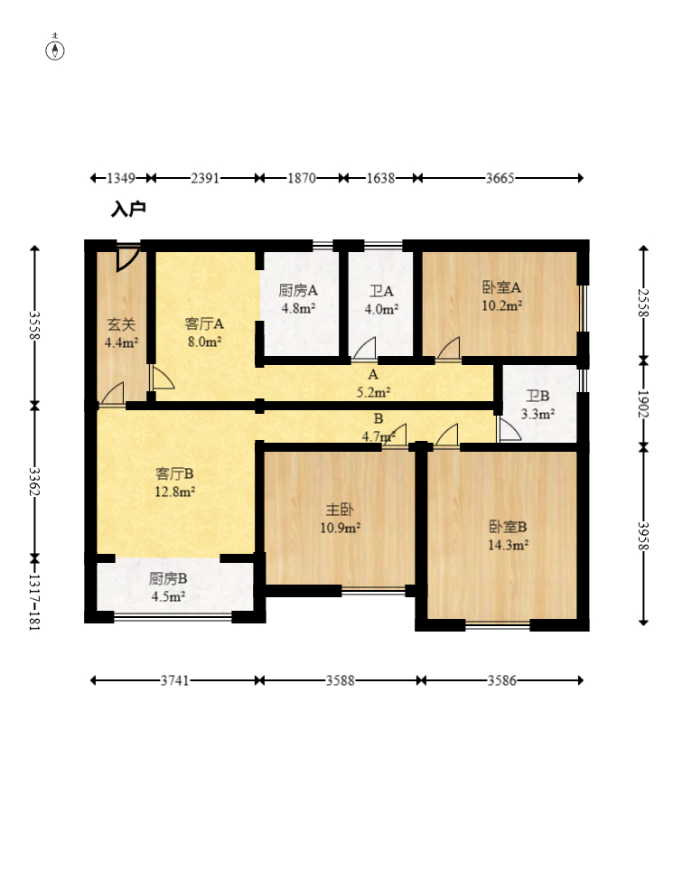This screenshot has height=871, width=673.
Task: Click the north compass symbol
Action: coord(54,49)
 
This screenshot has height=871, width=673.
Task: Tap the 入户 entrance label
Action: coord(128,210)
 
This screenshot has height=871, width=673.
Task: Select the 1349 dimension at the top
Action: coord(121,178)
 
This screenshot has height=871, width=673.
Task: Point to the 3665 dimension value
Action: coord(500,178)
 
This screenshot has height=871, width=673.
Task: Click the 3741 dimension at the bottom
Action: coord(174,680)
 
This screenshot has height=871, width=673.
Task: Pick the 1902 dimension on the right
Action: coord(643,404)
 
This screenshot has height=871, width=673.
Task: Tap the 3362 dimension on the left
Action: coord(34,482)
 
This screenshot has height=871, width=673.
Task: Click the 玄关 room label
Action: coord(121,323)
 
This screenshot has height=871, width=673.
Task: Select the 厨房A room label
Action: coord(298,290)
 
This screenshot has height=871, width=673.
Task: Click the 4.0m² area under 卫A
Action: coord(381,309)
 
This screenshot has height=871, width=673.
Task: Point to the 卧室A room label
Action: coord(501,287)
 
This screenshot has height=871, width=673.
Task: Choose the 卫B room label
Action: coord(537,396)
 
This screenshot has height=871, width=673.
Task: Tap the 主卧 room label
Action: coord(340,510)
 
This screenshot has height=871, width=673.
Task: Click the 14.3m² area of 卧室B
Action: coord(508,545)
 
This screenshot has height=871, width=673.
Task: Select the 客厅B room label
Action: coord(174,473)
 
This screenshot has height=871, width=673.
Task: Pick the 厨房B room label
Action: coord(168,579)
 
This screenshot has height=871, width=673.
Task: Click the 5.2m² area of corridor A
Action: coord(373,392)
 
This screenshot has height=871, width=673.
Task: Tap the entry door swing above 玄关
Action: coord(127,258)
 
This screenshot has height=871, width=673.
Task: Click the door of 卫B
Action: coord(509,430)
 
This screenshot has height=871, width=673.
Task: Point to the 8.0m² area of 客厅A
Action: coord(204,342)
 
